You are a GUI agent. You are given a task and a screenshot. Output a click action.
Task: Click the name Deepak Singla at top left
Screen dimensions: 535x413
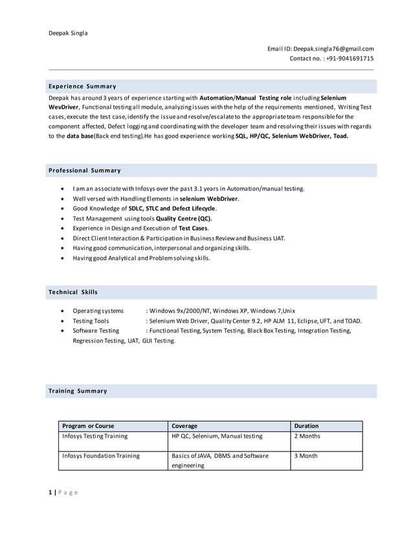(x=68, y=33)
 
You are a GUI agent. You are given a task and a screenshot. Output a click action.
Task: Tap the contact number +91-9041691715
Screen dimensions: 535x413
(x=350, y=59)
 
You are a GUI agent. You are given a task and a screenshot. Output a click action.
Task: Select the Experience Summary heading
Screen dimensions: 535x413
(x=82, y=86)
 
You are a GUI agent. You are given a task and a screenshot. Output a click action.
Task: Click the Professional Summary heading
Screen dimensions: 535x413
(x=84, y=170)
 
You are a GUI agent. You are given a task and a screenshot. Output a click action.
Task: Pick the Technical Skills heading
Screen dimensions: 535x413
(x=73, y=292)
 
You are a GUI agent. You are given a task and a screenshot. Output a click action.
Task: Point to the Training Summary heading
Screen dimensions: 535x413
(x=78, y=391)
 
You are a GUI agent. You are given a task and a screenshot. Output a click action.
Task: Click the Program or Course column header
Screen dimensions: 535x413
(x=88, y=426)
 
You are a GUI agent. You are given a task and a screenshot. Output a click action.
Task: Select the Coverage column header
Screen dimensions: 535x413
(x=184, y=426)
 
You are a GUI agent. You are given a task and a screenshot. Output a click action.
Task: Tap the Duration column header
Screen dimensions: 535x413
(x=306, y=426)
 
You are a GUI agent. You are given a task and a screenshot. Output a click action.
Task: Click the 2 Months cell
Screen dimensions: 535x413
(x=307, y=437)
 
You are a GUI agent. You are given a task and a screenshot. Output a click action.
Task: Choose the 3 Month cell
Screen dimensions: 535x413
(x=306, y=456)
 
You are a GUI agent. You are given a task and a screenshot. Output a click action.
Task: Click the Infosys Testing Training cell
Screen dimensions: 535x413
(x=95, y=437)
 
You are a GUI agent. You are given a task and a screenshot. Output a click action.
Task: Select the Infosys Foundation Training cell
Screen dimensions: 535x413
(x=100, y=456)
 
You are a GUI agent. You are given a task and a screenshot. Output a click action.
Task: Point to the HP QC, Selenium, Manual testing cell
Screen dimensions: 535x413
(x=217, y=437)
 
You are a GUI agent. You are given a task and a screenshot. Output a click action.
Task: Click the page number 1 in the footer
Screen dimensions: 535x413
(x=50, y=493)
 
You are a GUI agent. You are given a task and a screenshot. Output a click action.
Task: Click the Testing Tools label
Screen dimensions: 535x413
(x=91, y=321)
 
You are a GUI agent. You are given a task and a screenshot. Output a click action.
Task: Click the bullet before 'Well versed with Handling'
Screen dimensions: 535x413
(x=61, y=199)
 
